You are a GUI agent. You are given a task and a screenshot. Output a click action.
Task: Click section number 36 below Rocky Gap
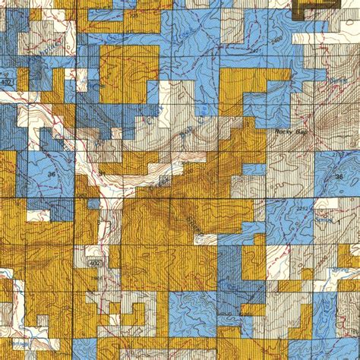(x=337, y=175)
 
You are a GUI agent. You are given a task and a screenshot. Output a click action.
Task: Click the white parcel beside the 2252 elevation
(x=325, y=204)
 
